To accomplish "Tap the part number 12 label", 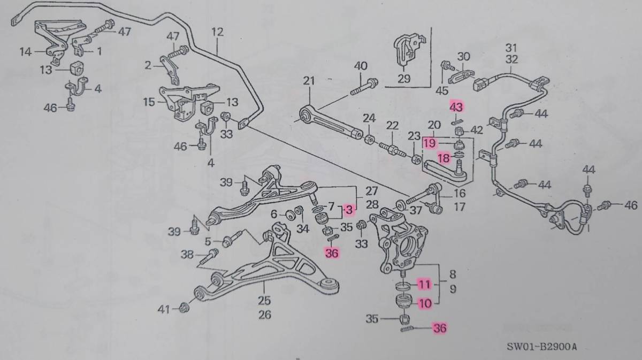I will (217, 32).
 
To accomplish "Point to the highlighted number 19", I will (430, 143).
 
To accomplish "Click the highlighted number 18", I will (444, 158).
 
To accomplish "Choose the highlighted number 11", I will (424, 284).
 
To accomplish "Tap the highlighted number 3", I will (349, 208).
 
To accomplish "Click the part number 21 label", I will (309, 81).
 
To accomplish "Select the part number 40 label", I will (361, 66).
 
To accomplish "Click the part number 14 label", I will (26, 52).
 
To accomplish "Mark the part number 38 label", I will (187, 255).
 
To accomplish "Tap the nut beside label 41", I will (183, 308).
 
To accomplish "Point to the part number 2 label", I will (148, 66).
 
